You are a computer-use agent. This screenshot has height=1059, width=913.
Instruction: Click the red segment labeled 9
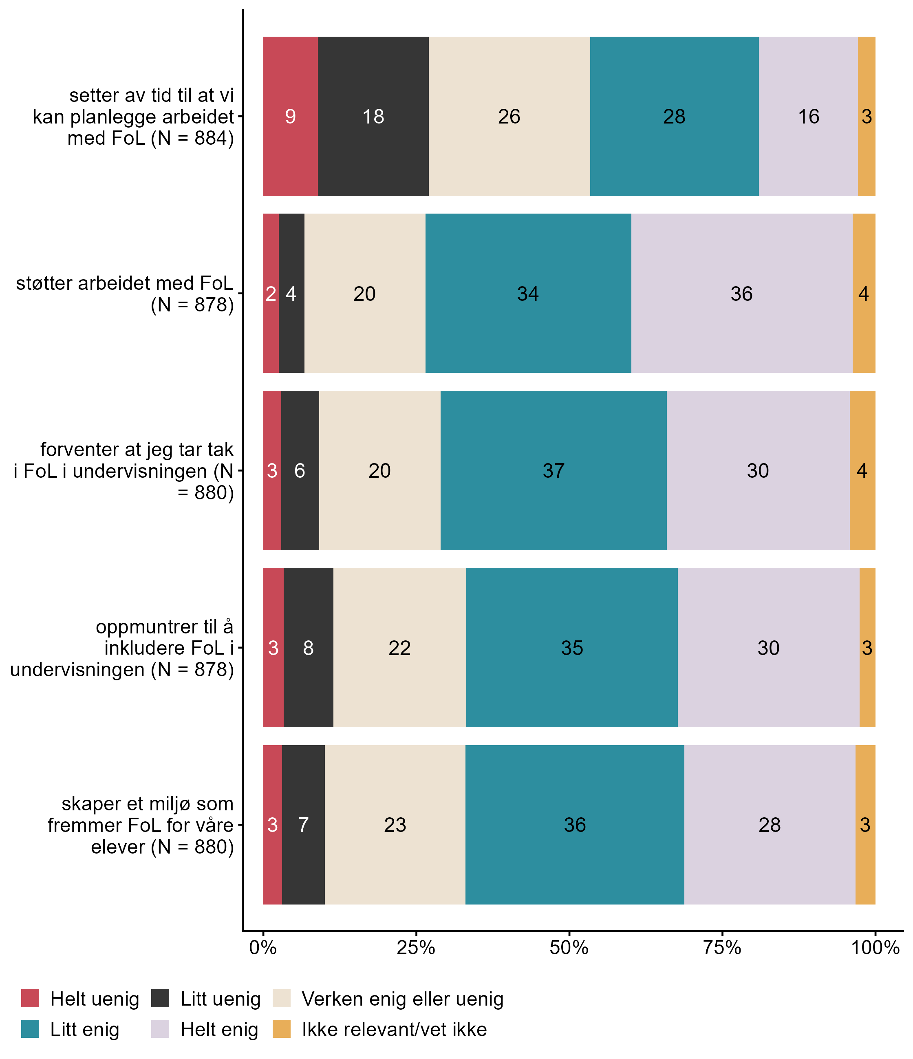290,117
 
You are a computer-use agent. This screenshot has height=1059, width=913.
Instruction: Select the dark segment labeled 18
373,117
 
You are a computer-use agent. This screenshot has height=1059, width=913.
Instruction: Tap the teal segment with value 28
674,117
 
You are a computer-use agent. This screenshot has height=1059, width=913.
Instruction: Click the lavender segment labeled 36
741,293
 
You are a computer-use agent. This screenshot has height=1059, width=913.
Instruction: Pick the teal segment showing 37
553,471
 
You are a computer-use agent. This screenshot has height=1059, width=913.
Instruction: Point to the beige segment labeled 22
399,648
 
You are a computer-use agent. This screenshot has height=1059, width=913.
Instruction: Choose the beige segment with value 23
395,825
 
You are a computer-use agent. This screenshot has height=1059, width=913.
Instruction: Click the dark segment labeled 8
308,648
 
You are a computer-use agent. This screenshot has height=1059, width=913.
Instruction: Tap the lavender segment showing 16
808,117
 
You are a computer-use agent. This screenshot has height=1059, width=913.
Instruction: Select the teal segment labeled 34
528,293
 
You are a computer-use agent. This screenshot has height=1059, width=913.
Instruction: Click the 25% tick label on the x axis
416,948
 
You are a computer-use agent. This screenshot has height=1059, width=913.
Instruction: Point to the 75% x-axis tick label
722,948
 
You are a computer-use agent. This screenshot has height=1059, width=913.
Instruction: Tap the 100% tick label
875,948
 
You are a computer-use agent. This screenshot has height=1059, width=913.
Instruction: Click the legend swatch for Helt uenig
30,998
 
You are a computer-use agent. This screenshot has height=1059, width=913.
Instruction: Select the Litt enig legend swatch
30,1029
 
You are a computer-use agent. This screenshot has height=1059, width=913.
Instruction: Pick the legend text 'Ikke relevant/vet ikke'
394,1029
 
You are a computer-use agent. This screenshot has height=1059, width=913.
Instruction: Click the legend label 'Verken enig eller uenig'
402,999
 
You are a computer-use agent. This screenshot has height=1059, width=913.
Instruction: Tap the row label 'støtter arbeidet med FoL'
125,294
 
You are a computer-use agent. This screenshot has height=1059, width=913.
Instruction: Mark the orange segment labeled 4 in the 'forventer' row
862,471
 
